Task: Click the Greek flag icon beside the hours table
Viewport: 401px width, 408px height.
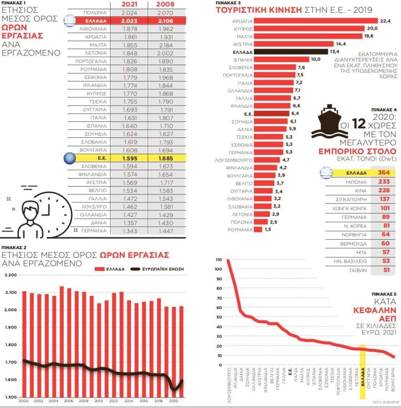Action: click(x=70, y=20)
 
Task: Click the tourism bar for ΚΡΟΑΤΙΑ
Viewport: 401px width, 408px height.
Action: click(x=315, y=21)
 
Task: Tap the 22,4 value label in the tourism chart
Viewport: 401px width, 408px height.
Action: click(x=385, y=21)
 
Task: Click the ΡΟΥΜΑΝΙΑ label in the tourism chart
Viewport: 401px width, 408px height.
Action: click(x=240, y=230)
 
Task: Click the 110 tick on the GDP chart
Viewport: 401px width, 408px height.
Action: click(x=218, y=259)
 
